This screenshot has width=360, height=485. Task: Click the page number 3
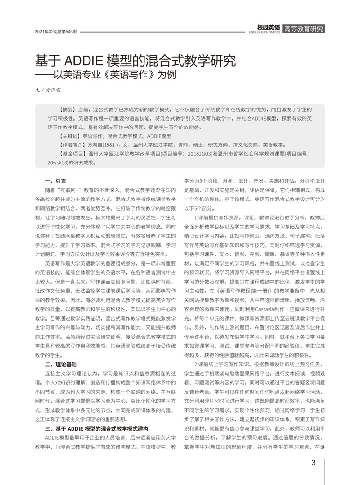pyautogui.click(x=314, y=462)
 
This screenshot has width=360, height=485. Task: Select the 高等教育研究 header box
pyautogui.click(x=304, y=29)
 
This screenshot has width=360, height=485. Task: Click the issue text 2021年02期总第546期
pyautogui.click(x=56, y=31)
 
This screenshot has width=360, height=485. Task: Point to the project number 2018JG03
pyautogui.click(x=200, y=154)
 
